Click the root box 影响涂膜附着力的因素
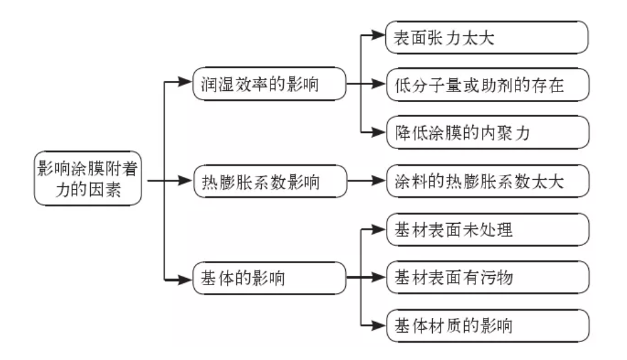pos(89,178)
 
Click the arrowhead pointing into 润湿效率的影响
pos(185,84)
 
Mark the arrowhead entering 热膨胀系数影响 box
pos(185,181)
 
